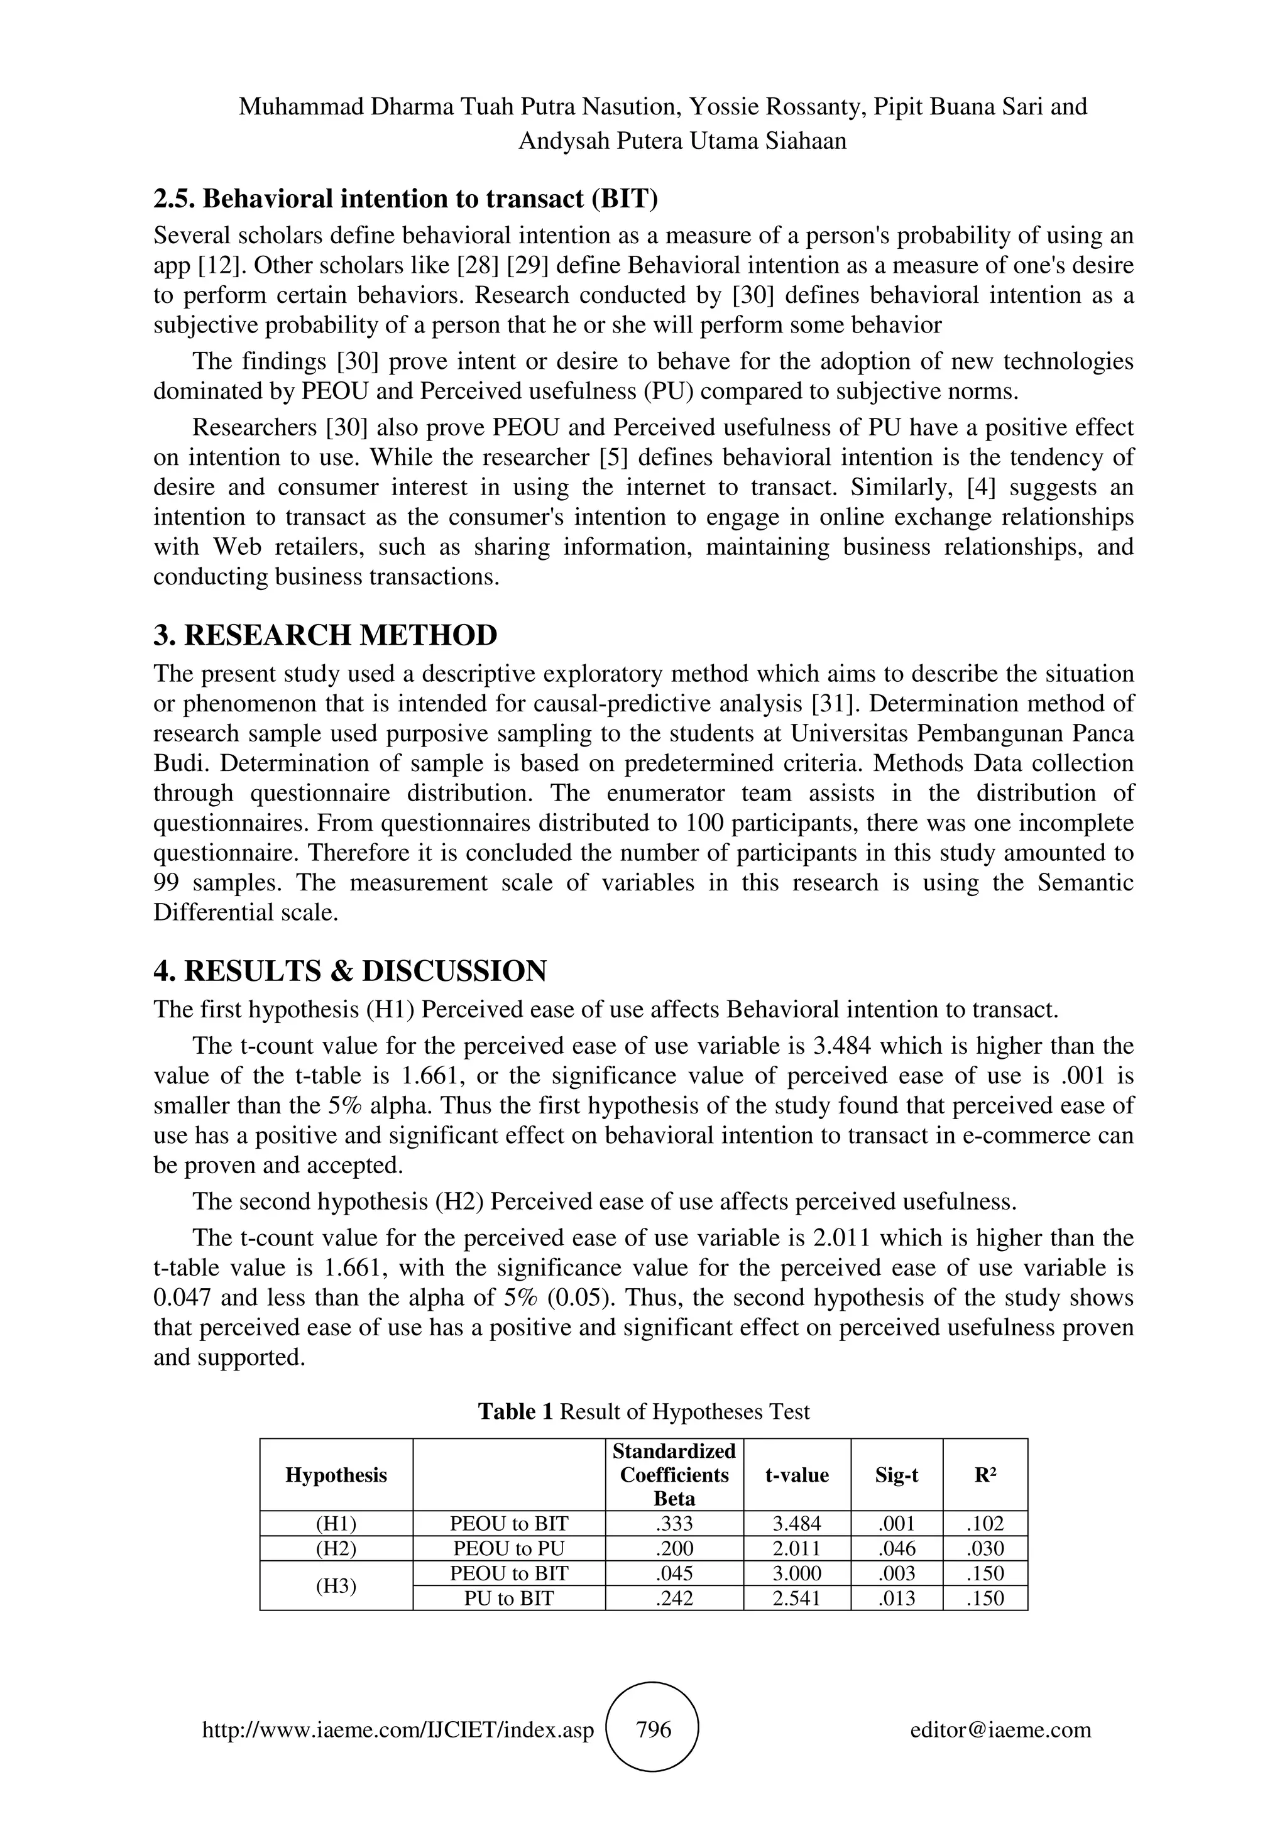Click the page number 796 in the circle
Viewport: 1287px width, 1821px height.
pos(654,1729)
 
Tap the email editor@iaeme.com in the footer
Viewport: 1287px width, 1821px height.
pos(1000,1730)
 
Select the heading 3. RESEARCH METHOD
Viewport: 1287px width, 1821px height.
pos(325,635)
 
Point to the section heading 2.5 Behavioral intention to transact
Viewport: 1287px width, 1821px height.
pos(405,199)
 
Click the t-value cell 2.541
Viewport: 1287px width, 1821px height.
pos(797,1598)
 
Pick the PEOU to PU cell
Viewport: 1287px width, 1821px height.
pos(509,1548)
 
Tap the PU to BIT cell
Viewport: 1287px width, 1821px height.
pos(509,1598)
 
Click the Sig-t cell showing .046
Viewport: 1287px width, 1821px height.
pos(896,1548)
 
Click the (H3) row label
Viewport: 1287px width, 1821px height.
pos(336,1585)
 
